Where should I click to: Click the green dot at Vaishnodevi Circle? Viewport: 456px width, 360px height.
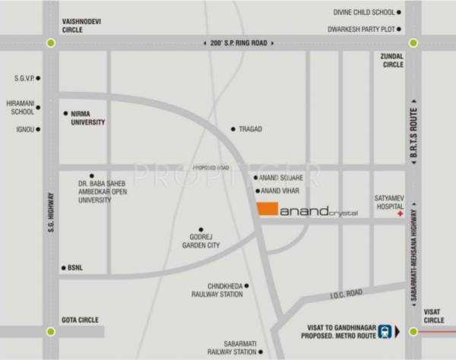51,43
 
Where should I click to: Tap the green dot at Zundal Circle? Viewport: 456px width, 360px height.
413,43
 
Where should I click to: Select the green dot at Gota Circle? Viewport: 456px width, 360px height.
51,331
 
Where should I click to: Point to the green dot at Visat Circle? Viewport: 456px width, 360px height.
413,331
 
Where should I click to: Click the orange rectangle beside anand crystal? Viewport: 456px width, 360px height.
267,210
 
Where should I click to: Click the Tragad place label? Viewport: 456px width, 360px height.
250,129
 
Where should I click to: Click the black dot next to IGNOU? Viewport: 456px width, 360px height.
38,129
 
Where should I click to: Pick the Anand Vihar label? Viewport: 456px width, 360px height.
282,191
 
